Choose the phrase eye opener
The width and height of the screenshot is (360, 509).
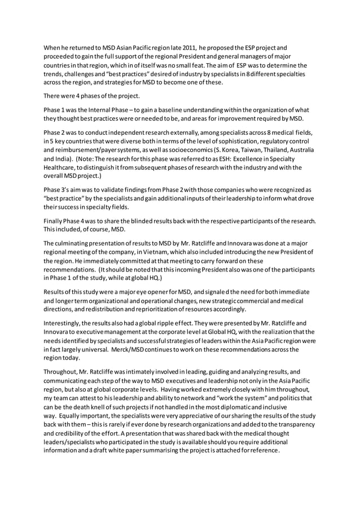pos(161,291)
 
